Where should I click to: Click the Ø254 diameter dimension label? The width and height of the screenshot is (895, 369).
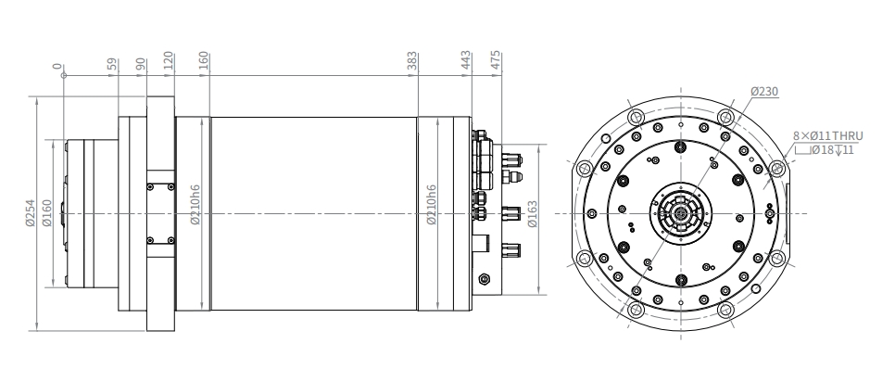click(x=31, y=212)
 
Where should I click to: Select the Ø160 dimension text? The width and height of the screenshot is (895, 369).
click(x=47, y=212)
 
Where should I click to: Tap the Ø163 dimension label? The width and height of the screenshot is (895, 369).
click(x=533, y=213)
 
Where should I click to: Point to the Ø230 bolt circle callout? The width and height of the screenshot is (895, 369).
click(x=764, y=92)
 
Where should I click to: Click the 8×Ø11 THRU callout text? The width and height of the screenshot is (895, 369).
click(x=827, y=136)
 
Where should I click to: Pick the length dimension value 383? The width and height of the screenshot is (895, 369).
click(x=412, y=61)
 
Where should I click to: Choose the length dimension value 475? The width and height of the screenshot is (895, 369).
click(x=496, y=60)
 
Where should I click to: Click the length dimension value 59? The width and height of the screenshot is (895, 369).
click(x=112, y=64)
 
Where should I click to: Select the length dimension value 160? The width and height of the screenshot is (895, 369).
click(x=204, y=61)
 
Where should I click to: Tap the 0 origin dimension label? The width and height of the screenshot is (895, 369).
click(x=57, y=66)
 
